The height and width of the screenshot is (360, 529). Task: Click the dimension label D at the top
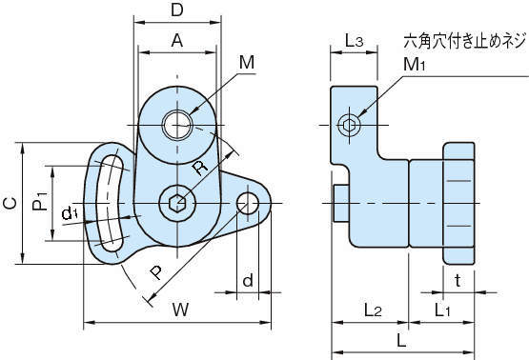[x=176, y=10]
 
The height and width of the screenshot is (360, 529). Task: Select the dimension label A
[x=176, y=40]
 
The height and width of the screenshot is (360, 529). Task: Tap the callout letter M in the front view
[x=247, y=62]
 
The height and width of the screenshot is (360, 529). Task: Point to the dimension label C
[x=10, y=203]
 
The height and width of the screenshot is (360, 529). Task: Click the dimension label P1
[x=40, y=201]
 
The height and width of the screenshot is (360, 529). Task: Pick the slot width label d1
[x=70, y=213]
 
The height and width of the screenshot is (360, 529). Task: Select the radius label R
[x=200, y=168]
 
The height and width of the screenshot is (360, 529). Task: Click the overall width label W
[x=181, y=310]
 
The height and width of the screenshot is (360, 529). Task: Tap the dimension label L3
[x=354, y=41]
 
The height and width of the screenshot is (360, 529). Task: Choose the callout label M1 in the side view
[x=415, y=64]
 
